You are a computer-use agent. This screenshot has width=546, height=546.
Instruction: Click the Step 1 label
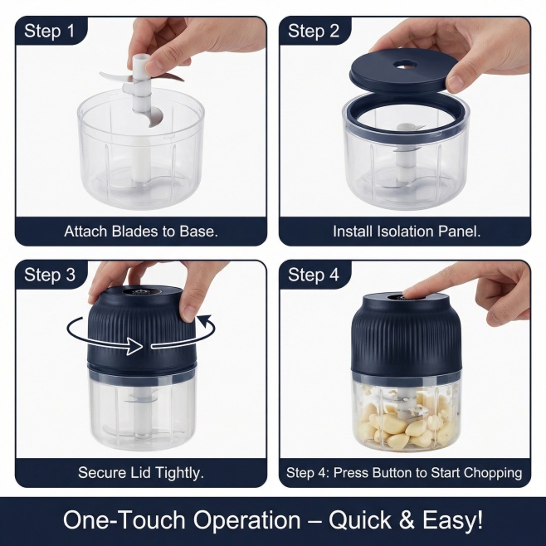[50, 31]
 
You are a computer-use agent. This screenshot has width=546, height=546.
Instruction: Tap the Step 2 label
[314, 31]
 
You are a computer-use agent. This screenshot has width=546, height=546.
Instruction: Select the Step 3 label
[50, 275]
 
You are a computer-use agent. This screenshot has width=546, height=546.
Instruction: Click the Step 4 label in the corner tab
[314, 275]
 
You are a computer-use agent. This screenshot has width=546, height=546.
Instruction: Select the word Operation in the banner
[246, 520]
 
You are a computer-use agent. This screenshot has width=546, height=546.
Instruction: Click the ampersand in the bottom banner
[407, 520]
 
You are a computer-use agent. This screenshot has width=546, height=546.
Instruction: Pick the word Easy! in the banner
[453, 520]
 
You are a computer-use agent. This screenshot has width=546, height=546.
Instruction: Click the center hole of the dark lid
[407, 65]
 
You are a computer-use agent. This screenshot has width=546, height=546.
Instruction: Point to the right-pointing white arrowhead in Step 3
[134, 346]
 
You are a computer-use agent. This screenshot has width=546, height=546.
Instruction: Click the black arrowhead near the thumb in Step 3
[205, 319]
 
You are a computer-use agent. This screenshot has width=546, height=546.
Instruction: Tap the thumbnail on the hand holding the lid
[456, 82]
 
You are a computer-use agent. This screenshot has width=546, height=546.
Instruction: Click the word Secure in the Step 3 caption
[102, 473]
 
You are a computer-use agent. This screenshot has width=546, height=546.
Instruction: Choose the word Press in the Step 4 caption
[349, 473]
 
